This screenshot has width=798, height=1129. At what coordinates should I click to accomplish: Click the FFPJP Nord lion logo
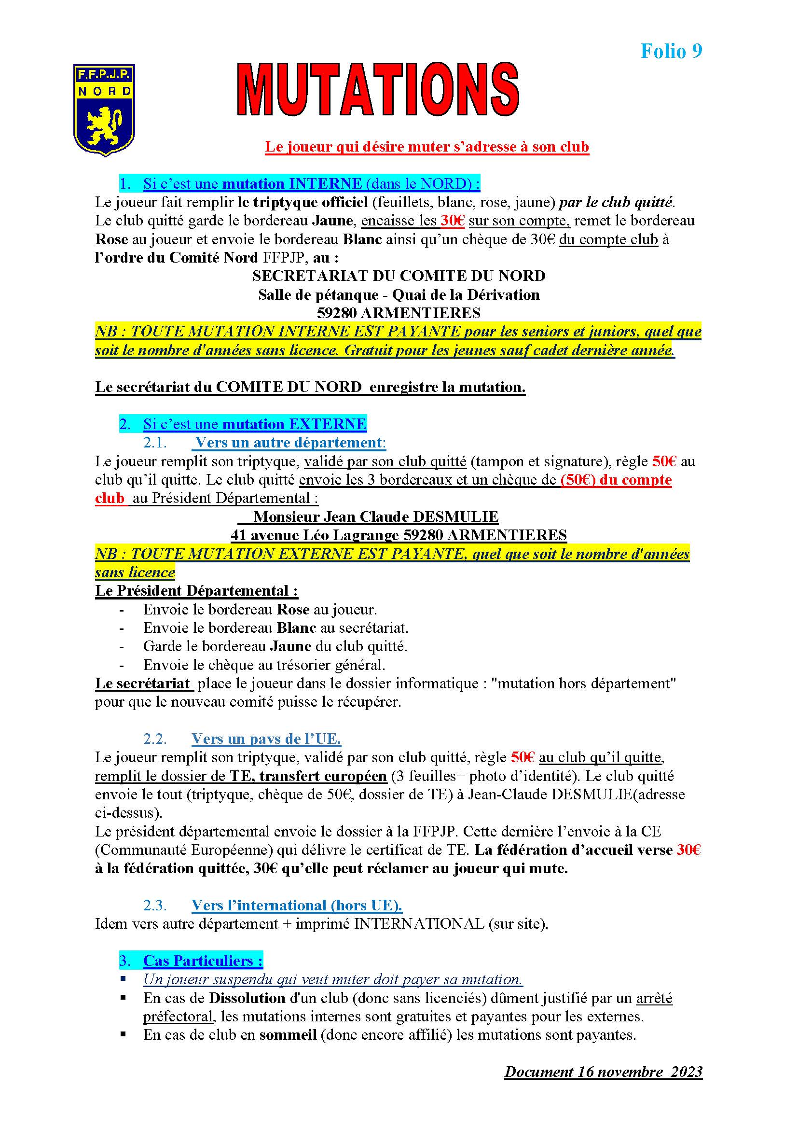(x=104, y=110)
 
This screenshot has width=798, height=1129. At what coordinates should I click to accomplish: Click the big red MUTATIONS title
(x=378, y=90)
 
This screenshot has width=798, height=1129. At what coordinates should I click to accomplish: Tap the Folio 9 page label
(x=671, y=51)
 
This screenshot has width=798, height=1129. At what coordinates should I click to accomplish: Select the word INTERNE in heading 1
(x=325, y=183)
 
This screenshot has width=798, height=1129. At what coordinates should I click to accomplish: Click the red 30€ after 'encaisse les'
(x=452, y=220)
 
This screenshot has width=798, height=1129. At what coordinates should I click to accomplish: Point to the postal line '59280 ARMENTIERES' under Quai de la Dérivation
(x=399, y=313)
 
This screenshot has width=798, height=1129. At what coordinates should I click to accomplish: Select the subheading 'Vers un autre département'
(x=288, y=443)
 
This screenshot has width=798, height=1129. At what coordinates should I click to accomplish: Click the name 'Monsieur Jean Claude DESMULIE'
(x=376, y=516)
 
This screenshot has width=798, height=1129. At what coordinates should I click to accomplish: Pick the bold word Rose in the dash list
(x=293, y=610)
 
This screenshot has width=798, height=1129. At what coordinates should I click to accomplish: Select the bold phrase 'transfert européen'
(x=323, y=776)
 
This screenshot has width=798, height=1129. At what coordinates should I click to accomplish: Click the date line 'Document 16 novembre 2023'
(x=603, y=1072)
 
